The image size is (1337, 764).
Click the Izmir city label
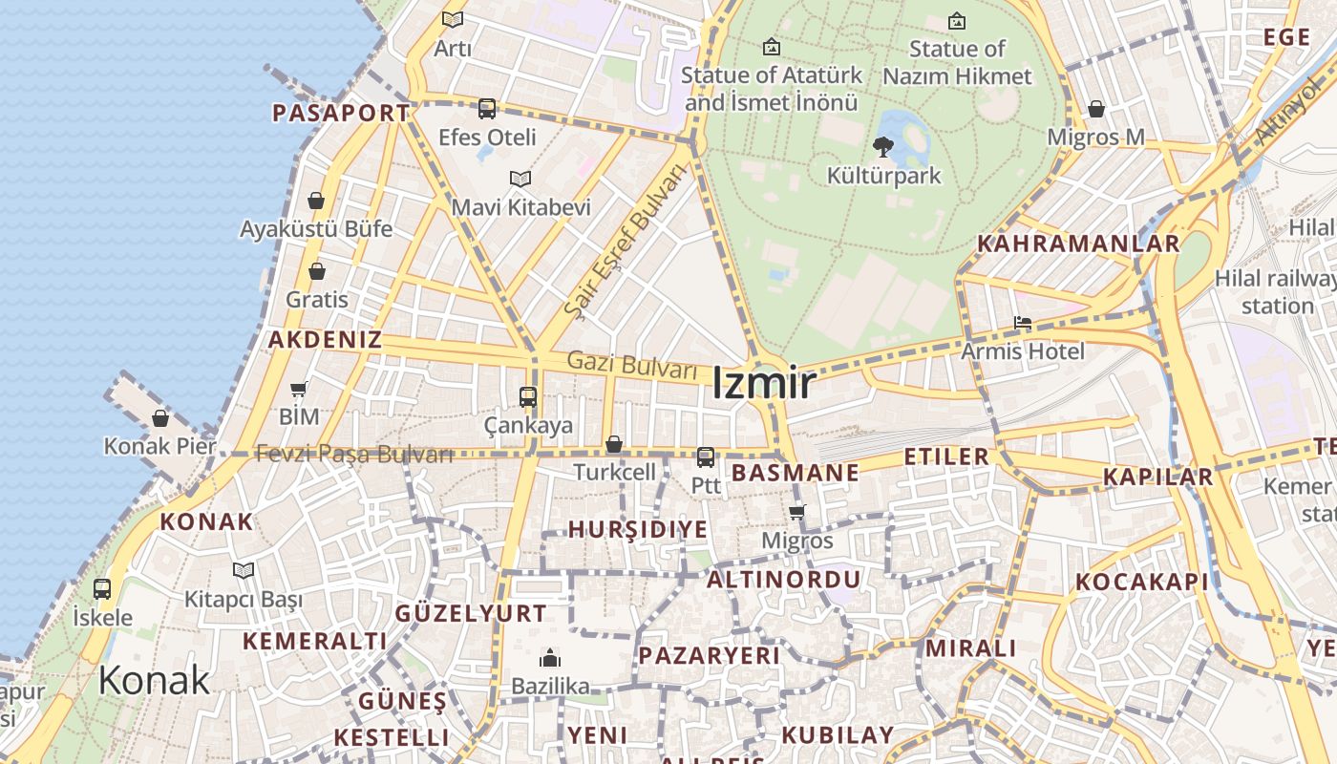763,383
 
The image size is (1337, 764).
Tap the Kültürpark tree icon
883,147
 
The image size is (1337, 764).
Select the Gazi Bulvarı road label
631,365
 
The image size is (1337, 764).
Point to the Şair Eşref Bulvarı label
626,241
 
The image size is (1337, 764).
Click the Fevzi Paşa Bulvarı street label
354,455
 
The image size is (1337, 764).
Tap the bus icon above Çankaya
527,397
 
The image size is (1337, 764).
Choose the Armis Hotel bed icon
1023,323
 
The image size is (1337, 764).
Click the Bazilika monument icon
550,658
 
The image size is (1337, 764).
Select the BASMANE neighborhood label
795,473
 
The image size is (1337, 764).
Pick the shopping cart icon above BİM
299,389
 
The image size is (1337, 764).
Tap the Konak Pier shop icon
160,418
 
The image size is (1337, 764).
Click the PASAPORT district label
341,113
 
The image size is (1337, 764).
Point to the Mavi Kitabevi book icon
520,179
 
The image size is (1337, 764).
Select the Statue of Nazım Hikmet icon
957,20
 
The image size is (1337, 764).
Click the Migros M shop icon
1096,109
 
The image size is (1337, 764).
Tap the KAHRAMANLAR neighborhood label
1078,244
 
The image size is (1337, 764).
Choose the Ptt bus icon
706,457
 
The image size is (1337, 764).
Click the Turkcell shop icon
614,444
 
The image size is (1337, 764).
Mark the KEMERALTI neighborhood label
315,641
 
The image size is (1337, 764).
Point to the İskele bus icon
102,589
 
